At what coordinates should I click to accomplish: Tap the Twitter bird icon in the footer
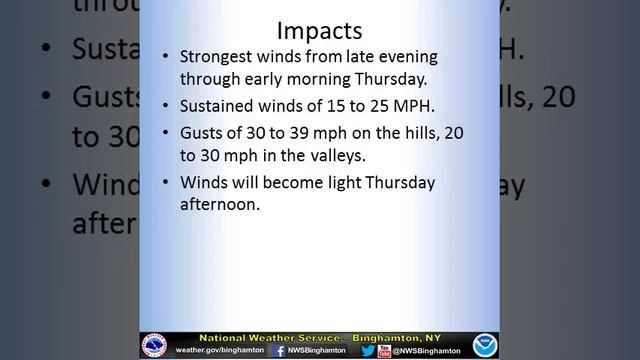coord(368,350)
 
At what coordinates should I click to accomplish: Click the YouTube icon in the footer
coord(384,350)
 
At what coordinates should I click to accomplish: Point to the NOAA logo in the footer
coord(484,345)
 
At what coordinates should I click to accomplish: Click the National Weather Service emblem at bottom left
coord(155,345)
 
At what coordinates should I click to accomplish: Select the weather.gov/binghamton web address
coord(218,351)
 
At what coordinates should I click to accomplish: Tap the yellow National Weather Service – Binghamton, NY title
coord(320,338)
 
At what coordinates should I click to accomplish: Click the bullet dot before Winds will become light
coord(166,182)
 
